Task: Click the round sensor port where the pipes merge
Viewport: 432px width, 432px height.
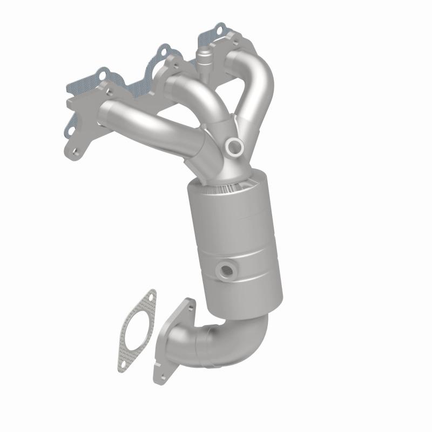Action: tap(235, 146)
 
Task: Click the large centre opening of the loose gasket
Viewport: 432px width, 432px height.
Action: tap(136, 330)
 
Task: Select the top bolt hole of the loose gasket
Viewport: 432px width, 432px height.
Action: tap(152, 295)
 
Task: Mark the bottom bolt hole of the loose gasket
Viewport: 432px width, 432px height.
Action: tap(122, 366)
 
